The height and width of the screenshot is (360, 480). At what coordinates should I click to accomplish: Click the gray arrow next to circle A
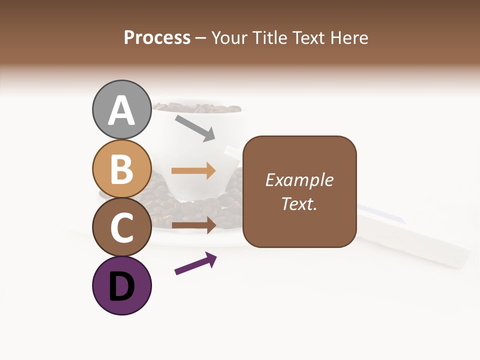pyautogui.click(x=195, y=127)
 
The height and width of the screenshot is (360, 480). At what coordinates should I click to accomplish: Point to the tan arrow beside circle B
pyautogui.click(x=193, y=171)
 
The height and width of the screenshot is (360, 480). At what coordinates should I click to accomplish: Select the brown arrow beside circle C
pyautogui.click(x=193, y=225)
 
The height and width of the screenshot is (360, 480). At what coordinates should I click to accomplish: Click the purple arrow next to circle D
pyautogui.click(x=195, y=263)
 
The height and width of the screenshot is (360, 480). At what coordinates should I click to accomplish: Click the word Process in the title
pyautogui.click(x=157, y=37)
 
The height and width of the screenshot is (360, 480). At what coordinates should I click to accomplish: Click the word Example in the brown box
pyautogui.click(x=299, y=180)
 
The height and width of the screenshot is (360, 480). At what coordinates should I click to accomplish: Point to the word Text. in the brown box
pyautogui.click(x=299, y=203)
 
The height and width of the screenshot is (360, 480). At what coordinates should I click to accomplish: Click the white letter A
pyautogui.click(x=122, y=110)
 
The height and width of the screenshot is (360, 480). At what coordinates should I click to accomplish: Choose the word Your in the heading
pyautogui.click(x=229, y=38)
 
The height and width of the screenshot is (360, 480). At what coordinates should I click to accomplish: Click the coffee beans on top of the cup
pyautogui.click(x=197, y=107)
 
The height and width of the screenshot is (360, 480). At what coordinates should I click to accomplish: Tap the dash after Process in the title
pyautogui.click(x=200, y=38)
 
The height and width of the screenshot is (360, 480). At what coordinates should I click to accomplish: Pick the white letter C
pyautogui.click(x=122, y=227)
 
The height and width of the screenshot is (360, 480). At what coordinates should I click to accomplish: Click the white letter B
pyautogui.click(x=122, y=169)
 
